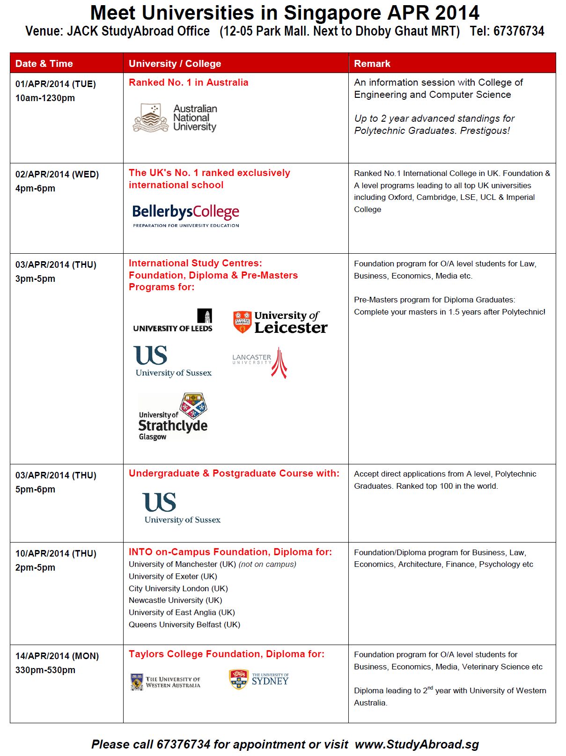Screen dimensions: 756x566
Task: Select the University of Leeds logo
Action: point(173,321)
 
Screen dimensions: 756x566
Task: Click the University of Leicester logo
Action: point(280,322)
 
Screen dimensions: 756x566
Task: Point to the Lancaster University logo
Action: point(260,362)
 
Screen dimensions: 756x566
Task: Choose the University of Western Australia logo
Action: point(165,682)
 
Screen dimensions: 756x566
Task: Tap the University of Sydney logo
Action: point(259,680)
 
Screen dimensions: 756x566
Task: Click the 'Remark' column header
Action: point(372,64)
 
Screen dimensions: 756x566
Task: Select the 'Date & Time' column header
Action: point(44,64)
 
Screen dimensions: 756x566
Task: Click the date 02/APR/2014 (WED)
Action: point(57,175)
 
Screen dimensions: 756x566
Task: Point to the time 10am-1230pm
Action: point(45,98)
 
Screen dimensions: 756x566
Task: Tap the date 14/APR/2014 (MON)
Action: point(57,656)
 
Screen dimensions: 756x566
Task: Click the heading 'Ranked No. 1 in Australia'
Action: point(188,82)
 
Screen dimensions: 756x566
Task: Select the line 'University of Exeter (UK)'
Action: point(173,576)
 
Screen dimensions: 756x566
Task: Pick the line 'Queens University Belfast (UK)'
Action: point(184,624)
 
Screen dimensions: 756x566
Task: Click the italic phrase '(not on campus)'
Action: point(267,565)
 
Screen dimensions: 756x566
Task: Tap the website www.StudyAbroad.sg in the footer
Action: point(417,744)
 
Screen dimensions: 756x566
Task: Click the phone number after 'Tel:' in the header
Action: point(519,31)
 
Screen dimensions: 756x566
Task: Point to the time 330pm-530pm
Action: point(45,670)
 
